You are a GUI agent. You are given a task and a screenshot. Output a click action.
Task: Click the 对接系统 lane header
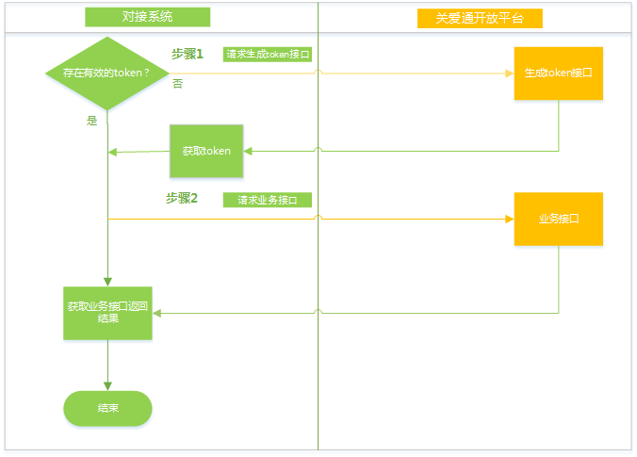click(x=147, y=17)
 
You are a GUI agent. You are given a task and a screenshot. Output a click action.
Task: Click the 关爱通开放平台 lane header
click(x=480, y=18)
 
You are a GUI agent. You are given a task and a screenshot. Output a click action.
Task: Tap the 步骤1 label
click(x=187, y=55)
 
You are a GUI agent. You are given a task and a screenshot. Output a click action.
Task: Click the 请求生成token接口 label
click(x=268, y=55)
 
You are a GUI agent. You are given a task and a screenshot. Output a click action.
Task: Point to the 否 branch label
click(x=177, y=85)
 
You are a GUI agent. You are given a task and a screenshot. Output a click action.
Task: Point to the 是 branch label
click(x=91, y=121)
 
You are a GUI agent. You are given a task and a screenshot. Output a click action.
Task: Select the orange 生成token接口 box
click(x=558, y=73)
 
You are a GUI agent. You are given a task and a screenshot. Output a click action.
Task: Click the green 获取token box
click(x=206, y=151)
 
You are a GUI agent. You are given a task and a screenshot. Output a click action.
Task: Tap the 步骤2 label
click(x=181, y=198)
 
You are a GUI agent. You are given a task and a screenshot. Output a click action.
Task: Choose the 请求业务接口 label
click(x=268, y=200)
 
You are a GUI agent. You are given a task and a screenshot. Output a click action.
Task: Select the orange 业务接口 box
click(x=558, y=219)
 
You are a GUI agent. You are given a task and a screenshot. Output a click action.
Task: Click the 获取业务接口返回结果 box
click(x=107, y=313)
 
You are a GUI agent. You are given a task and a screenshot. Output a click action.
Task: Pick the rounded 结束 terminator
click(x=107, y=408)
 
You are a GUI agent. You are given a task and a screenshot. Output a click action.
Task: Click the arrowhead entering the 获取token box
click(x=248, y=151)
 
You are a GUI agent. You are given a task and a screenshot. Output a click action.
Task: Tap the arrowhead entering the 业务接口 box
click(x=509, y=219)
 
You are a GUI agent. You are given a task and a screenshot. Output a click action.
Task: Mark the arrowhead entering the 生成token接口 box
click(x=509, y=73)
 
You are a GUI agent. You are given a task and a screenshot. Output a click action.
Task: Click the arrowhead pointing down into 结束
click(x=107, y=385)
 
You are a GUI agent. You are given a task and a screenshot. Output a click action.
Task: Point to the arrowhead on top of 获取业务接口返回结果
click(x=107, y=281)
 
